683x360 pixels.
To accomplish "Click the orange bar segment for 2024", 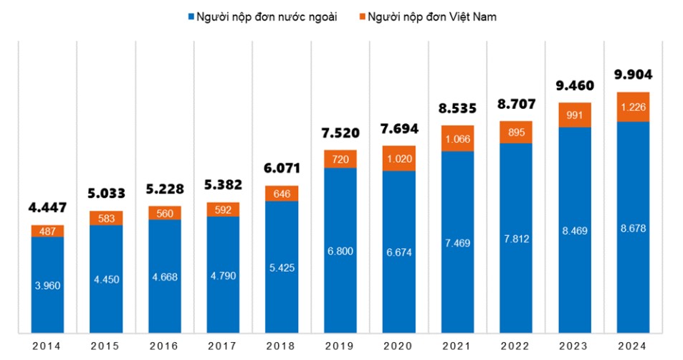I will (633, 107).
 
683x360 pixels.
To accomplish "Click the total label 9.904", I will (633, 75).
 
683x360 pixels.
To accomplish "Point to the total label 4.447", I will (47, 208).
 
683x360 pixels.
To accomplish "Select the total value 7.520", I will (340, 133).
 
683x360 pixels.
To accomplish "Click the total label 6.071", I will (282, 169).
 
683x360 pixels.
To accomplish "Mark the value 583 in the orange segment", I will (106, 218).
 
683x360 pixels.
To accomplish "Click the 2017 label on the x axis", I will (224, 346).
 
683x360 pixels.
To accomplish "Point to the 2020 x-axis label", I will (399, 346).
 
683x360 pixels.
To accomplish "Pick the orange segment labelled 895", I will (516, 132).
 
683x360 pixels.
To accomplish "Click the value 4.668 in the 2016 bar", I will (165, 278).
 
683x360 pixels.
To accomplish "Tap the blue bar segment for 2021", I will (458, 242).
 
